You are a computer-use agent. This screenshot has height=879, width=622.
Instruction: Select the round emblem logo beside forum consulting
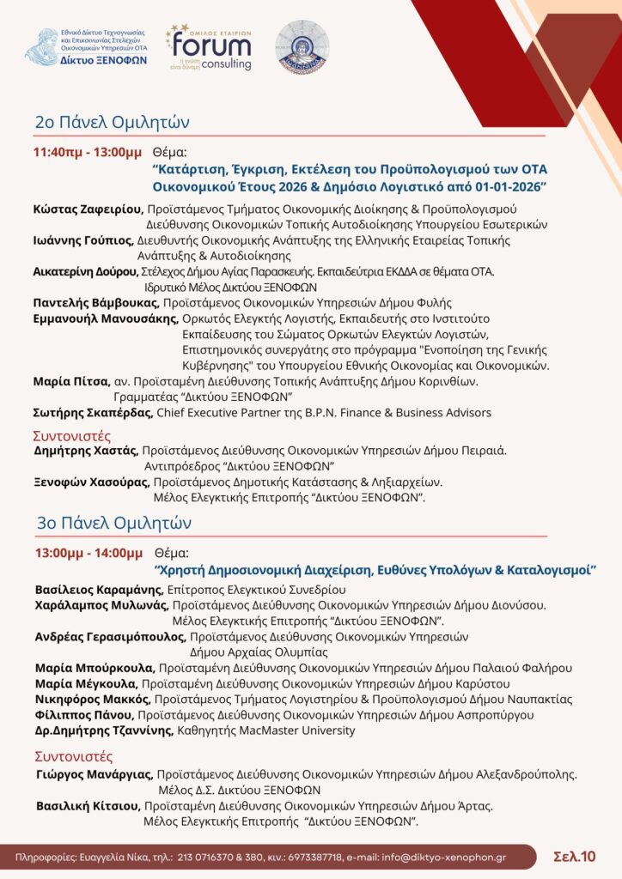pos(302,46)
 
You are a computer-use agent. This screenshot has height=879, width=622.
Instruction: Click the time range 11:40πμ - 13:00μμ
pos(87,152)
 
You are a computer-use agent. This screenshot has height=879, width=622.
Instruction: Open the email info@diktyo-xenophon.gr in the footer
pos(444,857)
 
